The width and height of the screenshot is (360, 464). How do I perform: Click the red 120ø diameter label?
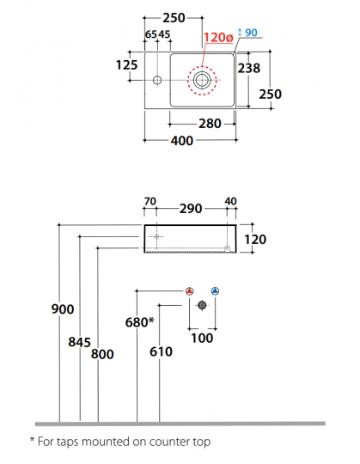tap(218, 38)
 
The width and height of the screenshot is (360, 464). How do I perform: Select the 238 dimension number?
tap(249, 68)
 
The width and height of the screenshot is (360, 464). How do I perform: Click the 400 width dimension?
tap(182, 141)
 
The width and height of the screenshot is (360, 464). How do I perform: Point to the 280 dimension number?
tap(210, 124)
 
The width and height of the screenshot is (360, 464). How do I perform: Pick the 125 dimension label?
tap(126, 65)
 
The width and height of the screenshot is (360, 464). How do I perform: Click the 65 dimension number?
tap(151, 34)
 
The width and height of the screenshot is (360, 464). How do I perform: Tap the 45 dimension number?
tap(164, 34)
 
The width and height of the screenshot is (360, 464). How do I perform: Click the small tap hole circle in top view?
tap(157, 80)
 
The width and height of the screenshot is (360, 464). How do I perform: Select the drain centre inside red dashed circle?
tap(202, 80)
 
